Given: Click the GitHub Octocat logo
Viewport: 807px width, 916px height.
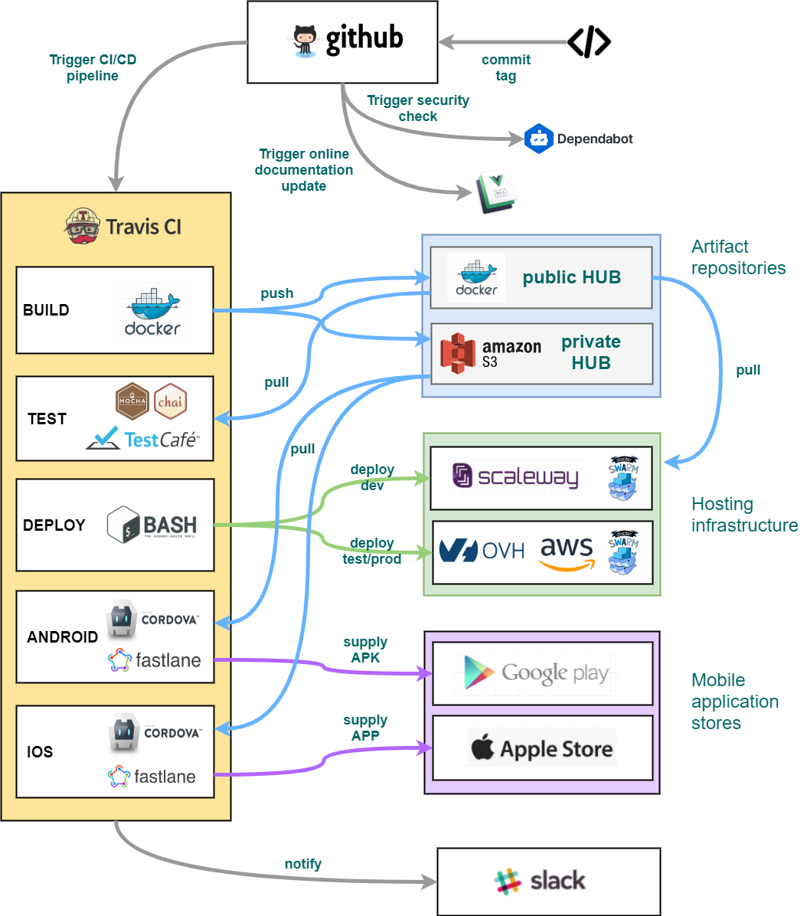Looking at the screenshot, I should pyautogui.click(x=305, y=41).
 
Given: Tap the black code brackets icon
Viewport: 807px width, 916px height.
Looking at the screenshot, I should pyautogui.click(x=589, y=42).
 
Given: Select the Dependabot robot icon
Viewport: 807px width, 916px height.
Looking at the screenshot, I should pyautogui.click(x=539, y=139).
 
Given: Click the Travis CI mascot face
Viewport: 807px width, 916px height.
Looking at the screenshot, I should pyautogui.click(x=83, y=227).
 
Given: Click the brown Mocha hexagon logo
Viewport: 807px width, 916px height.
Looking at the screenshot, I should pyautogui.click(x=132, y=401).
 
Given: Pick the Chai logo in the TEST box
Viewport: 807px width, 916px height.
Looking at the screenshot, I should pyautogui.click(x=170, y=401).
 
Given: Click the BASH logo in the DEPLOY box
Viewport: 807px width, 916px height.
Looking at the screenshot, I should pyautogui.click(x=152, y=525).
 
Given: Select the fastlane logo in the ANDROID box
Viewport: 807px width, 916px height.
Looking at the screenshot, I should pyautogui.click(x=155, y=660).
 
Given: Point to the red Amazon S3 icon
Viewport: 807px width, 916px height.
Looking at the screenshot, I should pyautogui.click(x=458, y=354).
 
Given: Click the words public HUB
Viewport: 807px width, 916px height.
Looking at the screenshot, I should pyautogui.click(x=571, y=277).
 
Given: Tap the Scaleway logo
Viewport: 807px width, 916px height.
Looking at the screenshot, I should pyautogui.click(x=515, y=476).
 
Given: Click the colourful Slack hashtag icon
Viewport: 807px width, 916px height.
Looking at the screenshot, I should pyautogui.click(x=508, y=882).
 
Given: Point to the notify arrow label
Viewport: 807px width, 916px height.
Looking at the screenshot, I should pyautogui.click(x=303, y=864).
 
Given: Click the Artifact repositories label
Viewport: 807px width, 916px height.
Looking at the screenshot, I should pyautogui.click(x=738, y=257).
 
